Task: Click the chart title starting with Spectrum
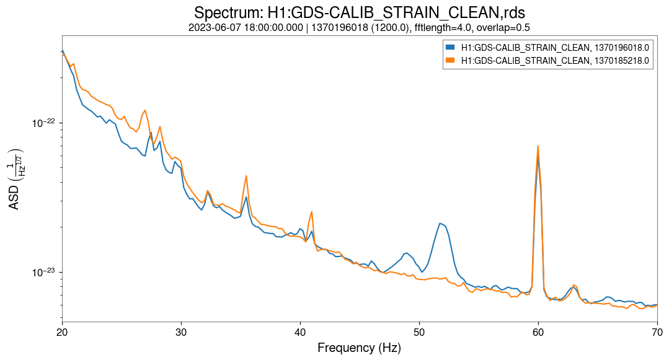pos(359,12)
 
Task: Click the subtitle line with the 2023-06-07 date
pos(359,28)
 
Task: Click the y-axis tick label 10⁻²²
pos(43,123)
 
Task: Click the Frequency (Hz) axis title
pos(359,348)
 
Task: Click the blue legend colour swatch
pos(450,47)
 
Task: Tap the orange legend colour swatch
pos(450,60)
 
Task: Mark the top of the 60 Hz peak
pos(538,146)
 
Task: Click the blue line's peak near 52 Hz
pos(440,223)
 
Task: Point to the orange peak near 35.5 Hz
pos(246,175)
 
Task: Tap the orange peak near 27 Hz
pos(145,110)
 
